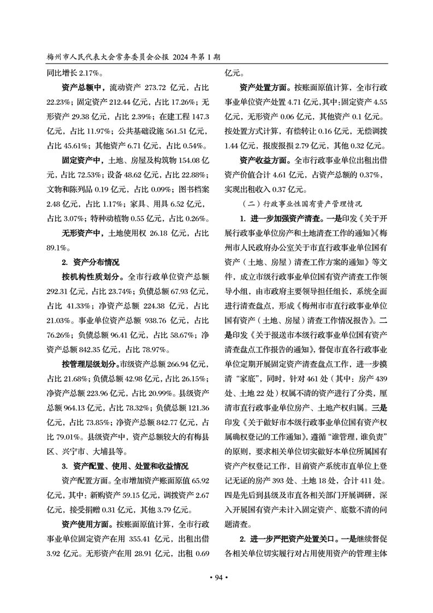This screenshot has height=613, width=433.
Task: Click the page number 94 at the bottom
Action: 217,578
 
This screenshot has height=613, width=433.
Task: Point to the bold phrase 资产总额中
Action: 82,87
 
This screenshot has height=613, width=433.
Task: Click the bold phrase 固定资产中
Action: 82,160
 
